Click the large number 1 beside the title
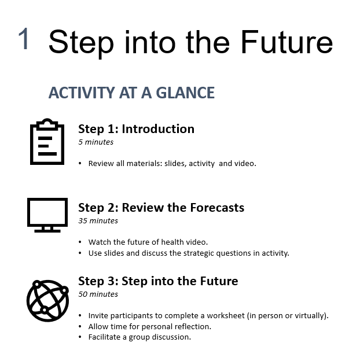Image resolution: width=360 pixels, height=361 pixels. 24,38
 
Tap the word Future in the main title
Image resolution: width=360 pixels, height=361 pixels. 287,42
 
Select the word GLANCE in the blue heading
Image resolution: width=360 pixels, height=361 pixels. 185,93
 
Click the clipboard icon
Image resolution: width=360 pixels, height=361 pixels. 47,142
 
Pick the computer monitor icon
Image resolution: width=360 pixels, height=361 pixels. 47,215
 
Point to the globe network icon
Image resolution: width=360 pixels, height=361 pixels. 47,301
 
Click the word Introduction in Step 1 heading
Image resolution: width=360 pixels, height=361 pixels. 158,129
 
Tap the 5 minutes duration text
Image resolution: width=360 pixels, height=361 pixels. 96,142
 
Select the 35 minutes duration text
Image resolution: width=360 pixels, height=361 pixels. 98,221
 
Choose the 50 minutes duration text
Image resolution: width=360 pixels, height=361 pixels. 98,294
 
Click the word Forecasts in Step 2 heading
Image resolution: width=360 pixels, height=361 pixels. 217,208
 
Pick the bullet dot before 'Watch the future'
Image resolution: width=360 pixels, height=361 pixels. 80,242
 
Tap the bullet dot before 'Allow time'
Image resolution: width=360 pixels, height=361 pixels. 80,326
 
